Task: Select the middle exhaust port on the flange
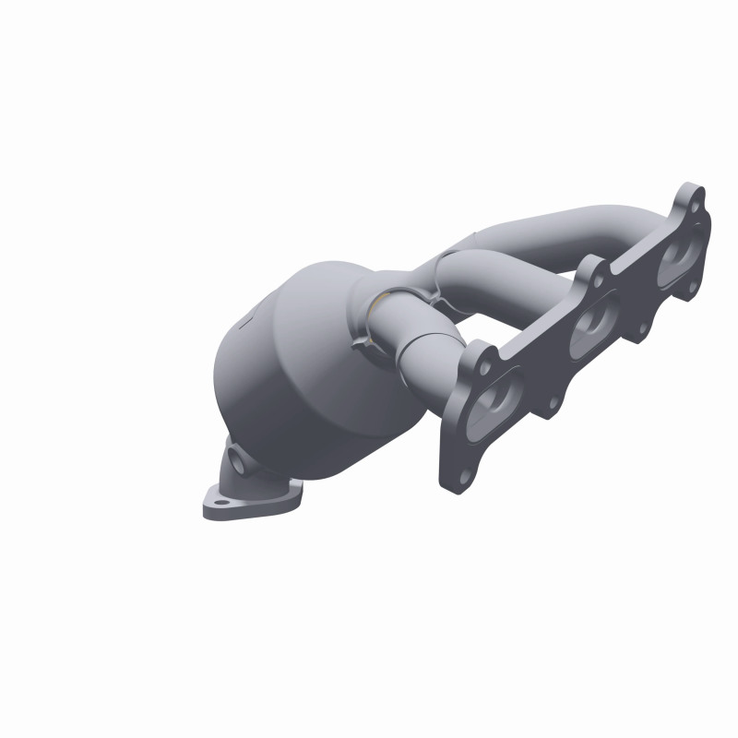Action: pyautogui.click(x=590, y=327)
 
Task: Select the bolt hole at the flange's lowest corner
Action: pyautogui.click(x=462, y=476)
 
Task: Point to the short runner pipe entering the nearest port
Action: pyautogui.click(x=434, y=360)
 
